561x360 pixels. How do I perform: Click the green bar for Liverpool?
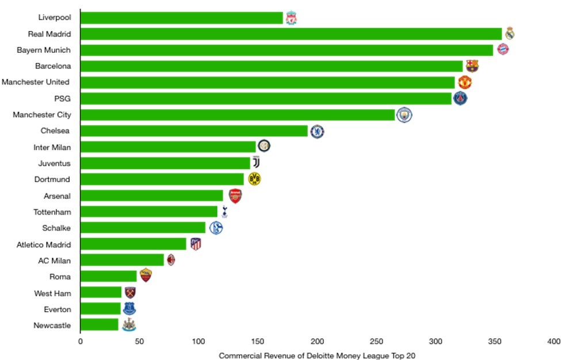click(181, 18)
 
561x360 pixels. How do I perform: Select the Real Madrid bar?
click(291, 34)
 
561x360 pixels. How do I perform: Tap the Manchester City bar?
click(237, 115)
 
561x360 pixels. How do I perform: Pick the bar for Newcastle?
click(99, 325)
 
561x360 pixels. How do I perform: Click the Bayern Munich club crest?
click(503, 49)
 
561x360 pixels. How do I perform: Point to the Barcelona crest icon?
click(472, 66)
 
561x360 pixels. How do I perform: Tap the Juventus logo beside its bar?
click(257, 163)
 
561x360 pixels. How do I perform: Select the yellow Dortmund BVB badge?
click(254, 179)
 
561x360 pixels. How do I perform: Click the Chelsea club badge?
click(316, 132)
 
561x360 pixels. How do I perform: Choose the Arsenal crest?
click(235, 196)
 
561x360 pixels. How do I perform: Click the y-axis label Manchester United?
click(36, 82)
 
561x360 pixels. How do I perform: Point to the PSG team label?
click(62, 98)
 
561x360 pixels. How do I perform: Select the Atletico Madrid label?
click(44, 244)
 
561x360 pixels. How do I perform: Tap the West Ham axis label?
click(52, 293)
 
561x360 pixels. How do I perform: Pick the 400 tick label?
click(554, 342)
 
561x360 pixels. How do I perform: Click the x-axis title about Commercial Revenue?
click(316, 356)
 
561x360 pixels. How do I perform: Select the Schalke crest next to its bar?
click(216, 228)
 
